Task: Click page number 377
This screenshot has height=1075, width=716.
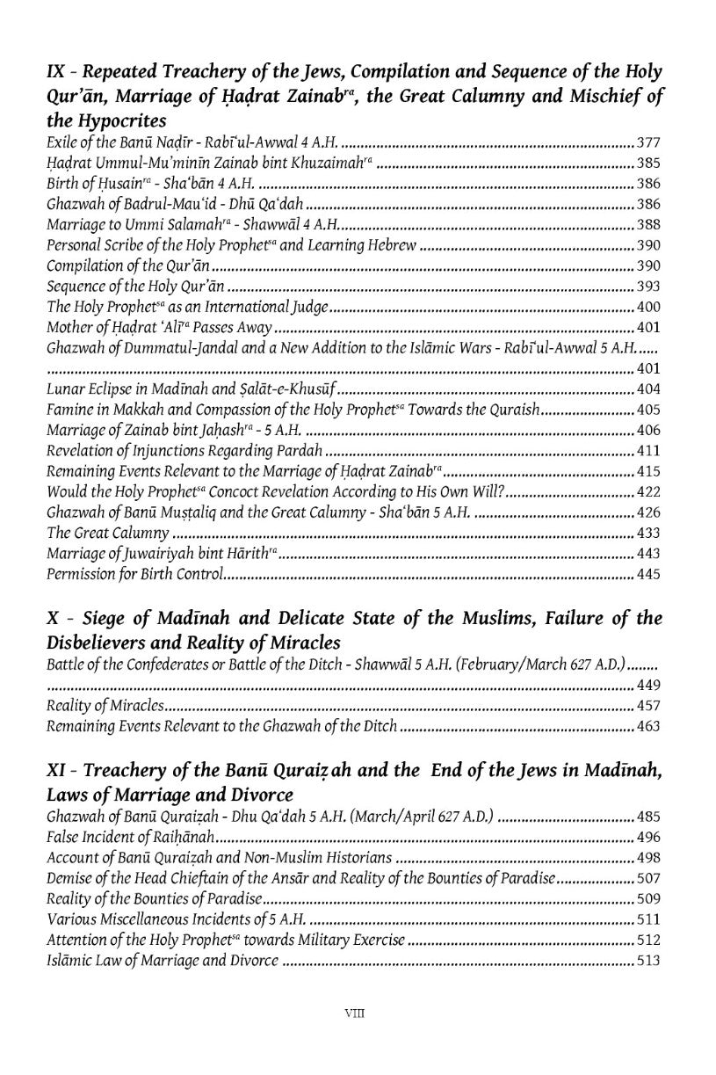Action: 648,142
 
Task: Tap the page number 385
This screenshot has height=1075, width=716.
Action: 648,163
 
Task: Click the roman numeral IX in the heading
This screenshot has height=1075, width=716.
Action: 55,72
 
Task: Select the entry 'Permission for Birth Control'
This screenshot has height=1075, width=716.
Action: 135,576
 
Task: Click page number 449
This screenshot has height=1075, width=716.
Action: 648,686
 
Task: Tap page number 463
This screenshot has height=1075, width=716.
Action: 648,727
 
